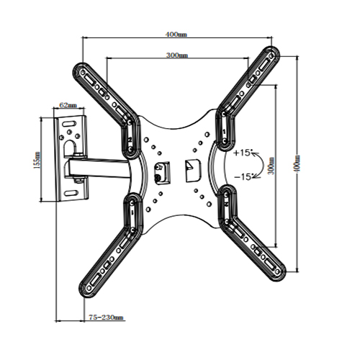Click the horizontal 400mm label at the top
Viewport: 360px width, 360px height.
pyautogui.click(x=176, y=34)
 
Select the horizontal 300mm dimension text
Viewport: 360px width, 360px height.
pyautogui.click(x=176, y=55)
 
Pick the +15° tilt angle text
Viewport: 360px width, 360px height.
pyautogui.click(x=243, y=153)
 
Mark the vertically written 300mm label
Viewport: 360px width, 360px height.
pyautogui.click(x=271, y=166)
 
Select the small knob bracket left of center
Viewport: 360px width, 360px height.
pyautogui.click(x=161, y=171)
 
